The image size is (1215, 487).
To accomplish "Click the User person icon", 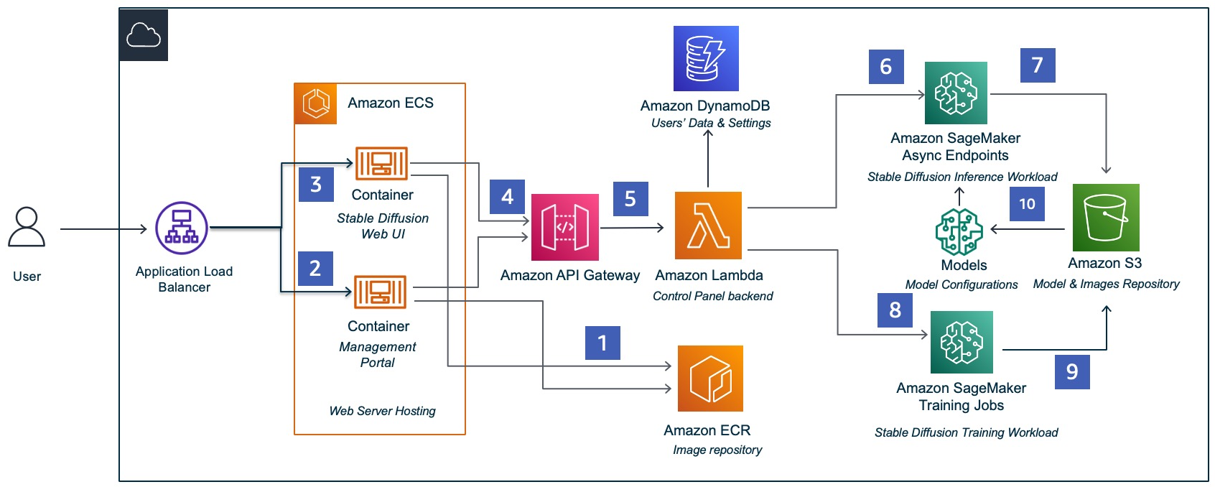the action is coord(26,227).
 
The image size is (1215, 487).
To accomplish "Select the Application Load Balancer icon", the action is coord(182,228).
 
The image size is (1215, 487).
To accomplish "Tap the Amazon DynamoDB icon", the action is coord(706,59).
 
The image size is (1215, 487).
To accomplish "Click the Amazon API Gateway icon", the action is coord(564,227).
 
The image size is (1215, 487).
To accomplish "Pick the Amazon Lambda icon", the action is coord(708,225).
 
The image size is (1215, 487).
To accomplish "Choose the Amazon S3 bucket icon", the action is coord(1106,218).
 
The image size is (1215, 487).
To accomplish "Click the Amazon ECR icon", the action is coord(710,379).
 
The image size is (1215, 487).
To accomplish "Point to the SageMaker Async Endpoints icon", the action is coord(956,93).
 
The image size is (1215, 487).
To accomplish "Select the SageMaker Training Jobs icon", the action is coord(962,342).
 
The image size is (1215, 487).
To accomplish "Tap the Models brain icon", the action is coord(959,231).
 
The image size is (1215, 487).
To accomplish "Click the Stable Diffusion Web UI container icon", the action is coord(381,163).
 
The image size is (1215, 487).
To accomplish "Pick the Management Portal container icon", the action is coord(381,292).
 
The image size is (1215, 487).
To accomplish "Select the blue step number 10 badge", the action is coord(1027,204).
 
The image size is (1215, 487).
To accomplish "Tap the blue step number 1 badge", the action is coord(602,343).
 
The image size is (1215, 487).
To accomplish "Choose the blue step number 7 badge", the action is coord(1038,65).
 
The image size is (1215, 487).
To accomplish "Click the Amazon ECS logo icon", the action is coord(316,103).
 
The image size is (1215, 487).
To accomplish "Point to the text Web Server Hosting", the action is coord(383,411).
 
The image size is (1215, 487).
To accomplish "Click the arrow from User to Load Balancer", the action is coord(103,229).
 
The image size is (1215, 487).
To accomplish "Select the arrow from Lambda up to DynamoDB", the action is coord(708,158).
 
